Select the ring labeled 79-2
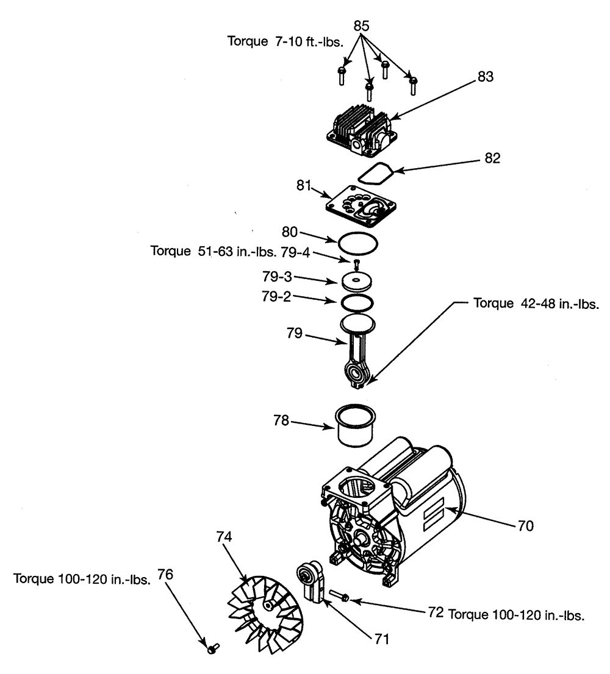tap(357, 302)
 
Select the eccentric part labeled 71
tap(309, 583)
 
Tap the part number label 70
tap(525, 525)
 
